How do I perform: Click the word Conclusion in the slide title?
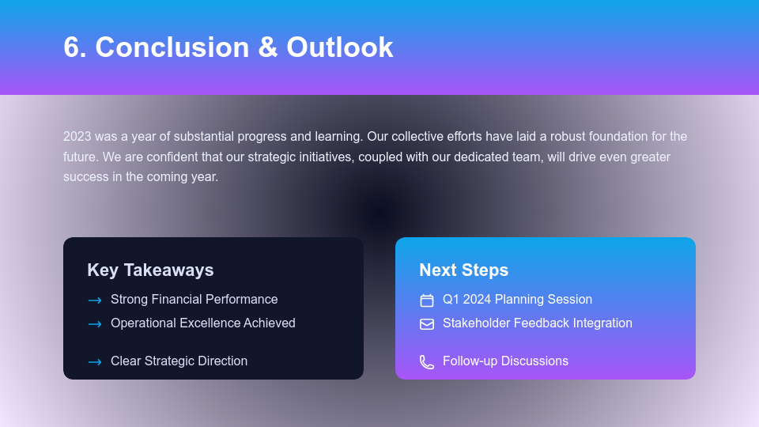tap(172, 47)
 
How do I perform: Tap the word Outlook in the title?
tap(339, 47)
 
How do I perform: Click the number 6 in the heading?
tap(72, 47)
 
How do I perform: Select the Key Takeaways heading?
tap(150, 270)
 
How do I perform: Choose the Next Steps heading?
tap(463, 270)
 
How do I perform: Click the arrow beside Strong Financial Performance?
tap(95, 300)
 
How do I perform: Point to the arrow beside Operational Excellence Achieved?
tap(95, 324)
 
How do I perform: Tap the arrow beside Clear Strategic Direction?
tap(95, 362)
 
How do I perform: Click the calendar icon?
tap(427, 300)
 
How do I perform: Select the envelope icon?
tap(427, 324)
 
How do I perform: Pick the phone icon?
tap(427, 362)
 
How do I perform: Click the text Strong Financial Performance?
tap(194, 300)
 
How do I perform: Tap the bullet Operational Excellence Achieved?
tap(202, 323)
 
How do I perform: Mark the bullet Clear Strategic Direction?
tap(179, 361)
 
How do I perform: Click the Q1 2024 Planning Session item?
tap(517, 300)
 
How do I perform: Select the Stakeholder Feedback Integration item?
tap(537, 323)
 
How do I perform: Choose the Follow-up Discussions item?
tap(505, 361)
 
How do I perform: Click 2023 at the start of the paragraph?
tap(77, 136)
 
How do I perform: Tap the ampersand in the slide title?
tap(268, 47)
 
